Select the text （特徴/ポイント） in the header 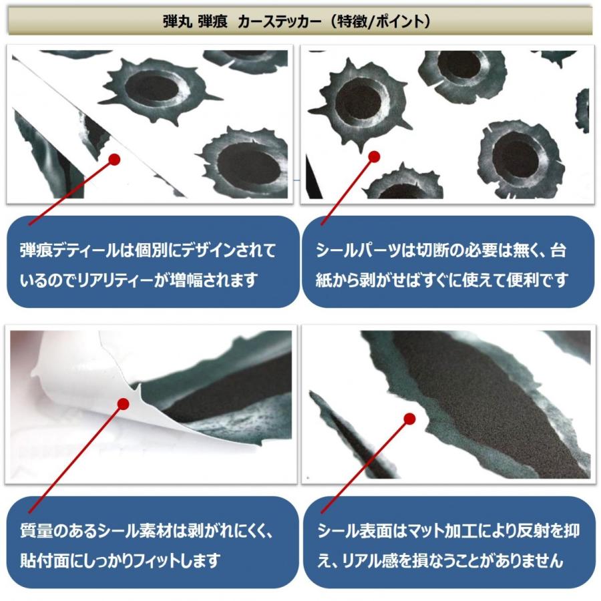384,21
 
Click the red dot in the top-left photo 114,160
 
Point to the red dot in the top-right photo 374,156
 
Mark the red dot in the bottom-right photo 409,419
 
